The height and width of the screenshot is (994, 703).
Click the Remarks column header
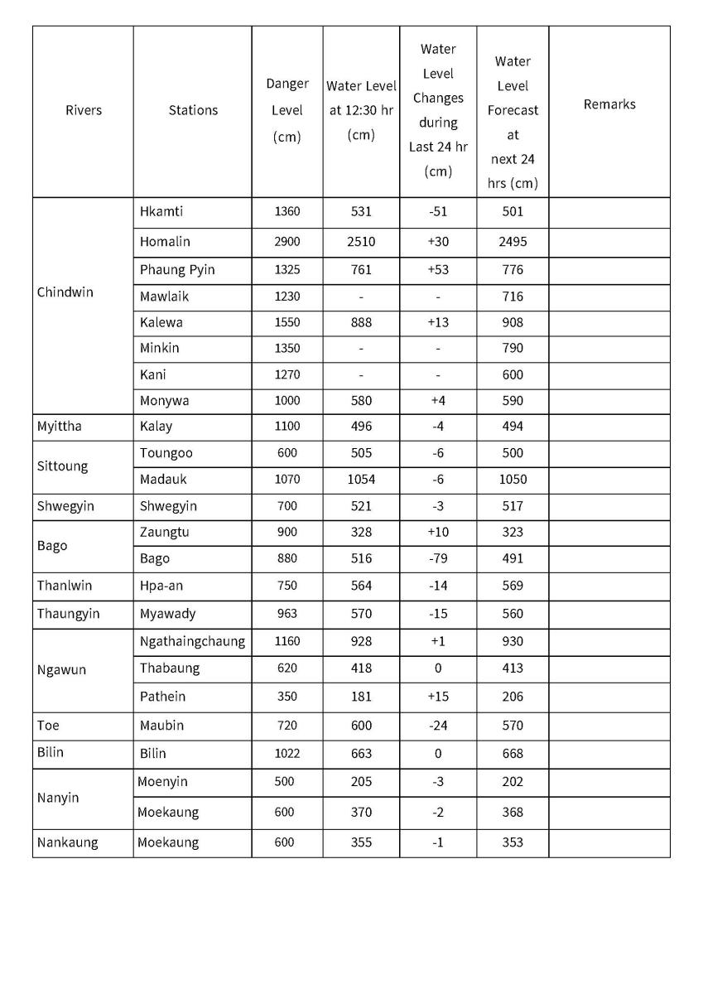point(609,104)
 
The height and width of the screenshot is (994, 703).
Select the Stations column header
point(193,110)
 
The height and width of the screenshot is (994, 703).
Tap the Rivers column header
point(83,110)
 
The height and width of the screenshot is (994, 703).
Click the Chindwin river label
point(65,292)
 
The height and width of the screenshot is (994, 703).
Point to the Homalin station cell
point(165,242)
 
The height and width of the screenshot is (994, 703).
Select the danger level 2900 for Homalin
point(287,242)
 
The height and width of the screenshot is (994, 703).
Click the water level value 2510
point(361,242)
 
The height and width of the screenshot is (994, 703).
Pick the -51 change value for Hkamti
point(438,211)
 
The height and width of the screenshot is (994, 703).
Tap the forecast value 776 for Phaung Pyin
point(513,269)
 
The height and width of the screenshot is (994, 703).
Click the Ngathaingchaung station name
point(192,641)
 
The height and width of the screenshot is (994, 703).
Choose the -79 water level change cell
point(438,558)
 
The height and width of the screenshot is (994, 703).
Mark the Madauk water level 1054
point(361,479)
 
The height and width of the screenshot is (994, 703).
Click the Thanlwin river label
point(65,586)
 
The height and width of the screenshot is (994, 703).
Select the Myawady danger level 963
point(287,614)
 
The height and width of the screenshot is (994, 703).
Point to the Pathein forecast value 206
point(513,697)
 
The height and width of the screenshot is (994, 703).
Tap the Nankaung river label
point(67,842)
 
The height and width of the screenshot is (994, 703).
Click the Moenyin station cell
point(162,782)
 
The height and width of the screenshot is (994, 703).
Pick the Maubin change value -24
point(438,726)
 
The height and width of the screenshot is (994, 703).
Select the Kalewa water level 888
point(361,322)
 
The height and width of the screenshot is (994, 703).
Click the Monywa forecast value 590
point(513,401)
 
